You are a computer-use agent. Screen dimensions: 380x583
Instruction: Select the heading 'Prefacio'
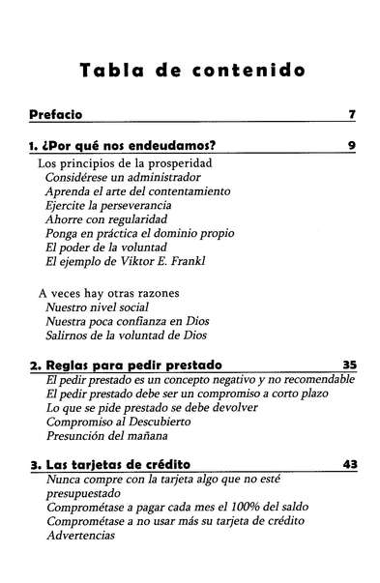[55, 114]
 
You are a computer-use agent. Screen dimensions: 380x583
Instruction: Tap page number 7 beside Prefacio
[352, 115]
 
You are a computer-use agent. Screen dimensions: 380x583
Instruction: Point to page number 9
[352, 147]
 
